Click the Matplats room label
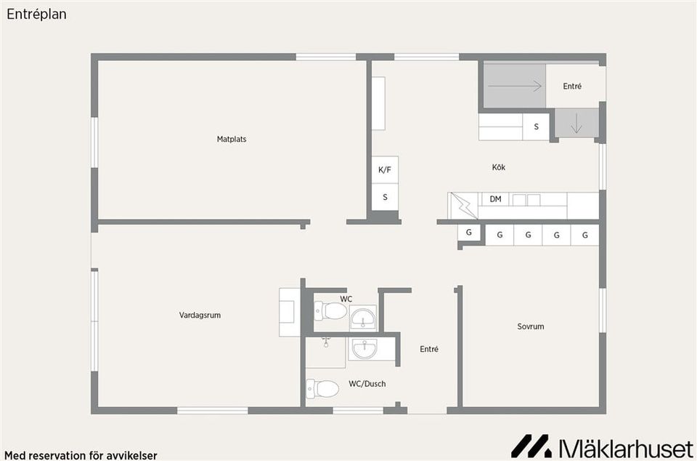point(232,140)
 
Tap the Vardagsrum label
point(200,316)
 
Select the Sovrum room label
point(530,326)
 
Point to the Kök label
point(499,167)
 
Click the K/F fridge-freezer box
point(385,169)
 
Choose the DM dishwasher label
point(496,199)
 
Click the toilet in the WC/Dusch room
point(322,388)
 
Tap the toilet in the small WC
point(330,310)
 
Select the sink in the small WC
point(363,318)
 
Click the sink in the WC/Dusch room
point(364,348)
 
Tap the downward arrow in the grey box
point(576,124)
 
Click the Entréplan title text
point(36,15)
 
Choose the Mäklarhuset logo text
point(625,447)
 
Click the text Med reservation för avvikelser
point(81,456)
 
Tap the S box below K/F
point(385,197)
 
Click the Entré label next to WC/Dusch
point(429,350)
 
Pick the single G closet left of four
point(468,232)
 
